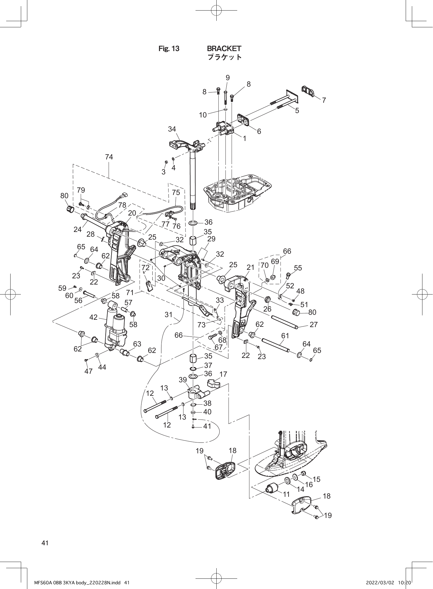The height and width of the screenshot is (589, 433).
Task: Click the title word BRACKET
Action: click(x=224, y=48)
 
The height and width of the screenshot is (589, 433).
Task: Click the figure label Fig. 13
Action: click(x=169, y=49)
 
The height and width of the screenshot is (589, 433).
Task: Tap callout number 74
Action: click(x=109, y=157)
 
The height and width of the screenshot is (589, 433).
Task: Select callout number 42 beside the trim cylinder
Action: click(x=93, y=317)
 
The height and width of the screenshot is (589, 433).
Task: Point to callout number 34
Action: click(x=172, y=129)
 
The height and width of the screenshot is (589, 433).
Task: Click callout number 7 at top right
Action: click(x=324, y=100)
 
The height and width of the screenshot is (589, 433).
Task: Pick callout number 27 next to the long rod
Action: click(x=314, y=324)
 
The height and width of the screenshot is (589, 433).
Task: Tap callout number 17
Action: click(x=223, y=374)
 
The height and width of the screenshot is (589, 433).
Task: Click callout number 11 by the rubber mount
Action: click(x=286, y=494)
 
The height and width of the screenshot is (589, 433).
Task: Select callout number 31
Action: click(x=169, y=315)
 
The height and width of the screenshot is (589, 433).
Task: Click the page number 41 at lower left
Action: click(x=45, y=543)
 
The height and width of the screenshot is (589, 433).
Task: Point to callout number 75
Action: click(x=176, y=192)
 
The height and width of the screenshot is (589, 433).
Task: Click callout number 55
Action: click(x=298, y=268)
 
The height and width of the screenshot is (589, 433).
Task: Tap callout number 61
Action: click(x=285, y=335)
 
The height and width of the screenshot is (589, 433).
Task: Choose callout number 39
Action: click(x=183, y=380)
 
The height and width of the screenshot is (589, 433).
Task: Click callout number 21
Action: click(x=250, y=267)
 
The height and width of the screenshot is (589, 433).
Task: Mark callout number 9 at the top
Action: click(x=228, y=78)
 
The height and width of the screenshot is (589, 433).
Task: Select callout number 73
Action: click(x=201, y=325)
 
